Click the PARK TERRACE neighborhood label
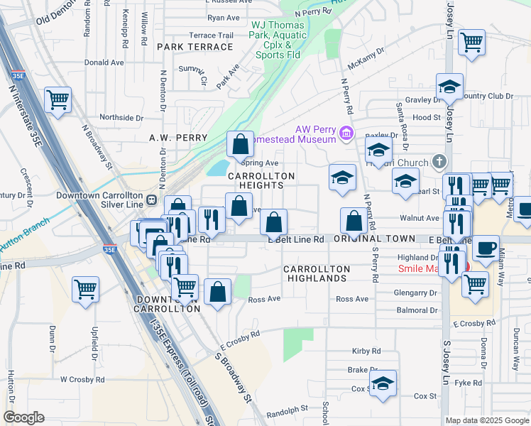click(x=195, y=47)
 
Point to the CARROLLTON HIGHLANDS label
click(x=317, y=274)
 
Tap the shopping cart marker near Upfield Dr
click(x=85, y=289)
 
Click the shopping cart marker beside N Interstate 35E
click(x=58, y=99)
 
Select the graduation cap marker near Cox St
click(x=383, y=385)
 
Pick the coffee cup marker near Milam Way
click(x=486, y=249)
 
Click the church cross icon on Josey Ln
click(x=440, y=162)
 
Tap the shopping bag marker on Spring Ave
click(x=241, y=144)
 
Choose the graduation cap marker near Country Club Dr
click(x=449, y=87)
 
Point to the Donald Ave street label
click(x=104, y=62)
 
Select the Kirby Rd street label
click(x=366, y=351)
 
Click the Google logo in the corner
click(x=23, y=417)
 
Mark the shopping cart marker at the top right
click(x=471, y=43)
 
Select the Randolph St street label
click(x=287, y=409)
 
